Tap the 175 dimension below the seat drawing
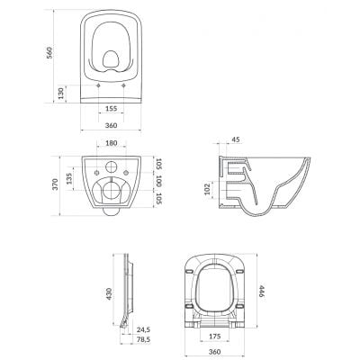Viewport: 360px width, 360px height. click(x=214, y=337)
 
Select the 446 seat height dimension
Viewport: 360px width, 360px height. click(x=262, y=292)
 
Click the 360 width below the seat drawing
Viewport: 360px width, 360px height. click(x=214, y=350)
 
